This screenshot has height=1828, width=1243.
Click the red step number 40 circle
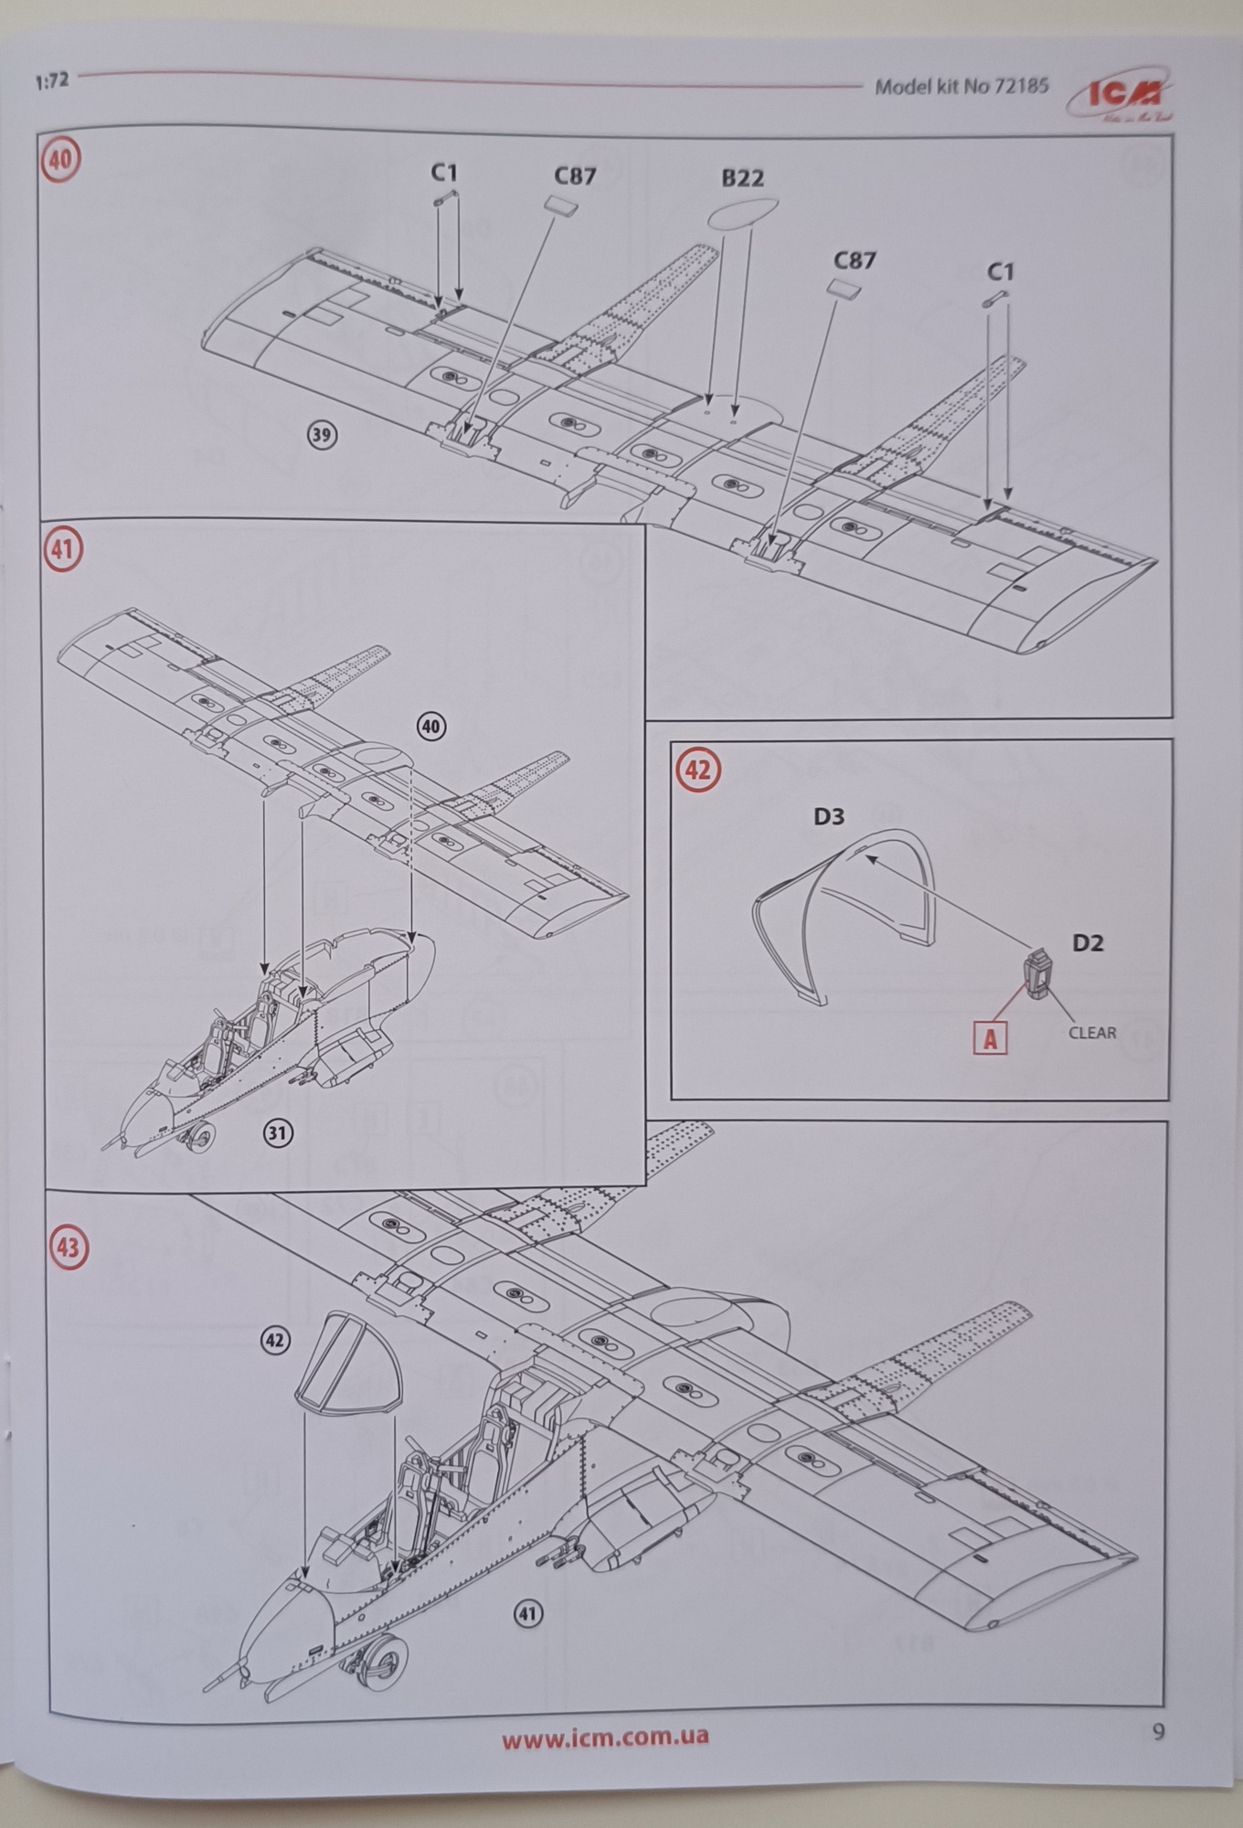coord(60,159)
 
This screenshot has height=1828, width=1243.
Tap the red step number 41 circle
coord(62,550)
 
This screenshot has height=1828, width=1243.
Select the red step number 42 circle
coord(697,770)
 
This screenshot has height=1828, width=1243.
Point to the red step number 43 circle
coord(69,1248)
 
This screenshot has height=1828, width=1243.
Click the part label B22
coord(742,178)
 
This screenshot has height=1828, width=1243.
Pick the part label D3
coord(829,816)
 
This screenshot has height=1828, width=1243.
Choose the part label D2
coord(1088,942)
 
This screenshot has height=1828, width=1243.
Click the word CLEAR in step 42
coord(1092,1033)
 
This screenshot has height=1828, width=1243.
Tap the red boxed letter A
coord(990,1039)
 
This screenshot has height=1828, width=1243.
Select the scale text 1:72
coord(52,81)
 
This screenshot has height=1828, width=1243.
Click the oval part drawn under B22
coord(743,214)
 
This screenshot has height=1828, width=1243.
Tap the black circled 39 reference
coord(321,434)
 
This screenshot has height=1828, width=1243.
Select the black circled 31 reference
coord(278,1133)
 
